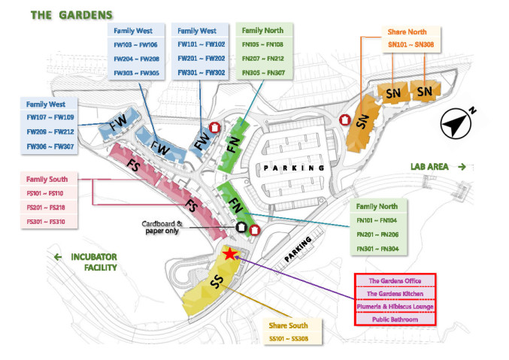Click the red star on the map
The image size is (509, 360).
tap(230, 255)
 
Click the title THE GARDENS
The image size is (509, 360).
tap(72, 14)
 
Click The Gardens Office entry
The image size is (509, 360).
tap(395, 280)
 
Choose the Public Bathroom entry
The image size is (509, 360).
tap(395, 319)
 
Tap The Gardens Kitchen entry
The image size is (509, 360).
tap(395, 293)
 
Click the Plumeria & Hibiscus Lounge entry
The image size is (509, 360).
tap(395, 307)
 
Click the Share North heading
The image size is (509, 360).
tap(407, 32)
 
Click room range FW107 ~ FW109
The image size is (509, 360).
tap(49, 117)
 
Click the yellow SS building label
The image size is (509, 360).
tap(217, 285)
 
